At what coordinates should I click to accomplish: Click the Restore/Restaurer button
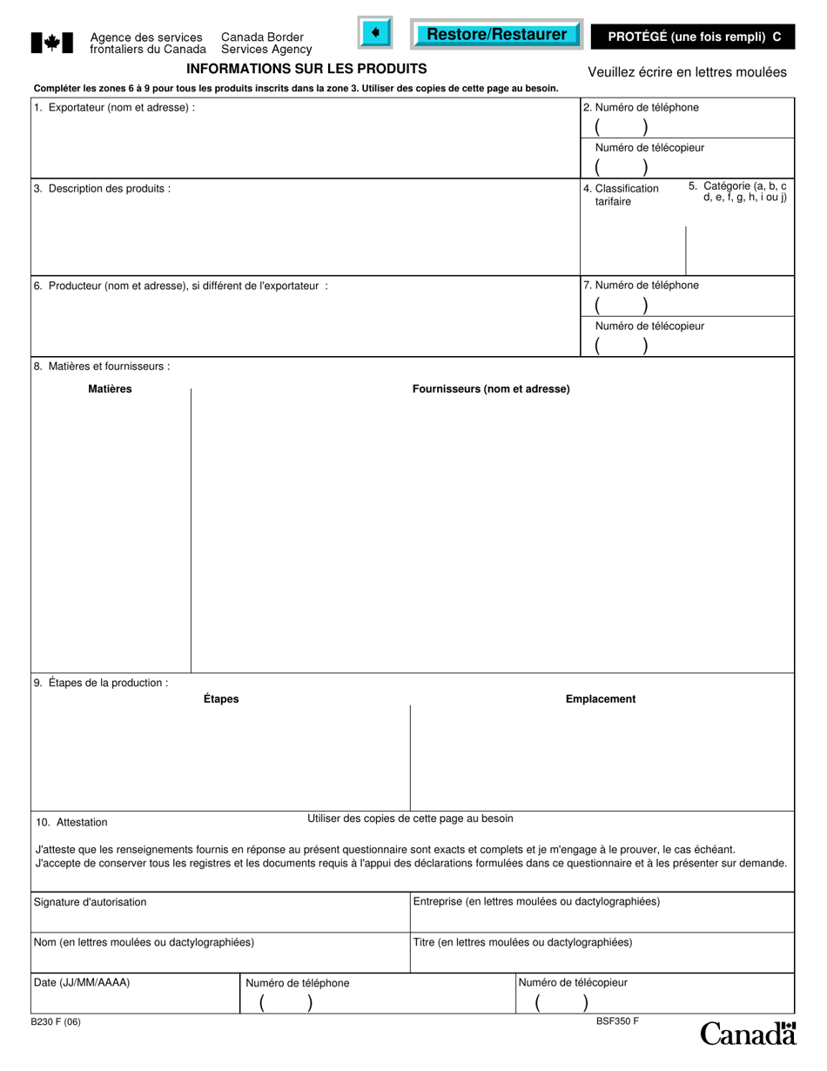click(x=496, y=34)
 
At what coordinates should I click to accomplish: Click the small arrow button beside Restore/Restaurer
click(x=375, y=33)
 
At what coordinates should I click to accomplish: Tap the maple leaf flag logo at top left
click(x=51, y=43)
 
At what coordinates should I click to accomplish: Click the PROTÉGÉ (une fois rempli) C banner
click(x=694, y=37)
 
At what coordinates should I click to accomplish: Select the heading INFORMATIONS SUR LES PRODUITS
click(x=306, y=69)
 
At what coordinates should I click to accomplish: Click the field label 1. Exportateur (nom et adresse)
click(x=114, y=108)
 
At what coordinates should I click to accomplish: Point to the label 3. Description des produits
click(x=102, y=188)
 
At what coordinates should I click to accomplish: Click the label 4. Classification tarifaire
click(x=622, y=194)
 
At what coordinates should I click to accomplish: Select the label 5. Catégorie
click(x=739, y=192)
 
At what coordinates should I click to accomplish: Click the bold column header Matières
click(x=110, y=389)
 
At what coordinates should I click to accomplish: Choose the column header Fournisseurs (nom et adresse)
click(x=491, y=389)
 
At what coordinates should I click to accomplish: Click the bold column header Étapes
click(x=221, y=699)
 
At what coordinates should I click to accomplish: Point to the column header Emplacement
click(x=601, y=699)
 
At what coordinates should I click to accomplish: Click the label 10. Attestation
click(x=72, y=822)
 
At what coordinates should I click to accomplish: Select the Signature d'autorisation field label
click(x=91, y=902)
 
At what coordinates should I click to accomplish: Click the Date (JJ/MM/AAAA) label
click(x=82, y=982)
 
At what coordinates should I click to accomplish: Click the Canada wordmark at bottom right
click(x=748, y=1034)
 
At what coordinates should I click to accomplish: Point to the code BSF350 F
click(x=617, y=1020)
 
